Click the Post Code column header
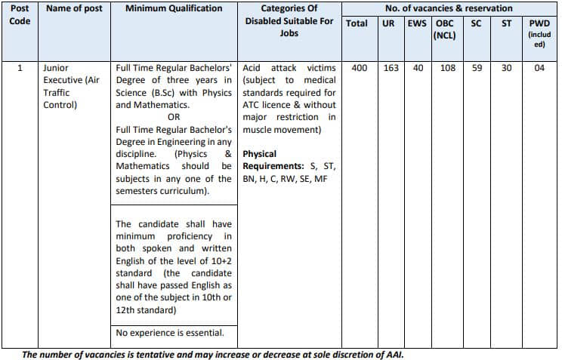coord(20,14)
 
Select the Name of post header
coord(74,8)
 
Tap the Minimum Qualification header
coord(174,8)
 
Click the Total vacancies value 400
coord(360,68)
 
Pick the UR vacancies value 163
coord(391,68)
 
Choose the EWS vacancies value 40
coord(418,68)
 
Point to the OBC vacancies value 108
coord(448,68)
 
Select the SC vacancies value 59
coord(477,68)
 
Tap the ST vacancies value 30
coord(506,68)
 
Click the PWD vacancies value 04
coord(539,68)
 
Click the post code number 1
coord(20,68)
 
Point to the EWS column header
coord(417,23)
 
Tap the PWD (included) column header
coord(539,34)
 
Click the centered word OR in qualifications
coord(174,117)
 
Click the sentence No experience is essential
coord(170,332)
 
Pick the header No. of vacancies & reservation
coord(449,8)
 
